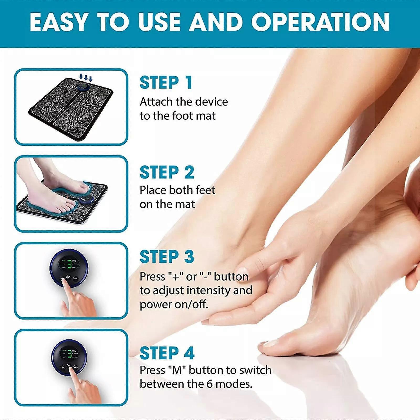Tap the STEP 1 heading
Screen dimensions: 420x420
[166, 83]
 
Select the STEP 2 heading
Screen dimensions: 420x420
[167, 172]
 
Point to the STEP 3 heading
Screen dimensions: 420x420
[167, 257]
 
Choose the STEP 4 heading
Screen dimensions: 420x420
[167, 353]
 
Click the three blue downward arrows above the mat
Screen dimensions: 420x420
[86, 77]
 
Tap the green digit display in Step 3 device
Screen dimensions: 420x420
[69, 264]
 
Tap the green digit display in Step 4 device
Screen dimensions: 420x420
[69, 354]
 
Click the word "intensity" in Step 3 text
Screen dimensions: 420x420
[207, 291]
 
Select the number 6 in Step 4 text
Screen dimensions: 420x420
[209, 384]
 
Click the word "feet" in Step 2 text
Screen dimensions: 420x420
[205, 190]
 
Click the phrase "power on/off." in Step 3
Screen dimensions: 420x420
[174, 304]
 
